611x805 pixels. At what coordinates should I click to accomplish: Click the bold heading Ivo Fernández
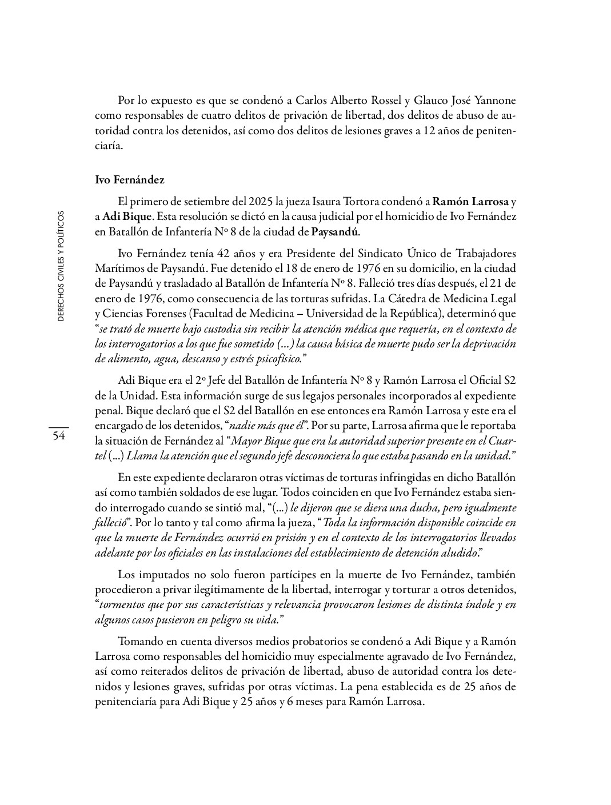pyautogui.click(x=130, y=180)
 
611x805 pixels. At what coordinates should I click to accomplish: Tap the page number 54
pyautogui.click(x=58, y=436)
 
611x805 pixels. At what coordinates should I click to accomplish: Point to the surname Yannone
pyautogui.click(x=495, y=101)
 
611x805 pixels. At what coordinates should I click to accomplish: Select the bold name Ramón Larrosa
pyautogui.click(x=470, y=202)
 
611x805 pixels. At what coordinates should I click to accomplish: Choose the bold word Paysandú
pyautogui.click(x=335, y=232)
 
